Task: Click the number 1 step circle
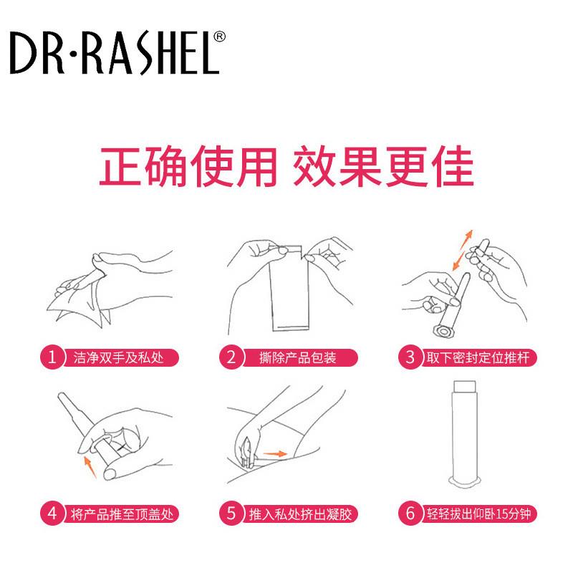point(51,356)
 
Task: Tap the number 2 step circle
point(231,356)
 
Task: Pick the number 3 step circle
point(410,356)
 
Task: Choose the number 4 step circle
point(51,513)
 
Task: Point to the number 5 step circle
point(231,513)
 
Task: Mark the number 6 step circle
point(410,513)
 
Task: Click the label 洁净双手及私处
point(118,356)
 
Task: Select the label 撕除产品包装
point(292,356)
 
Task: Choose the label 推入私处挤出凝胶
point(298,513)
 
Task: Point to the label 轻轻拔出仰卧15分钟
point(478,513)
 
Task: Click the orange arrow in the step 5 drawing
point(274,453)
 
